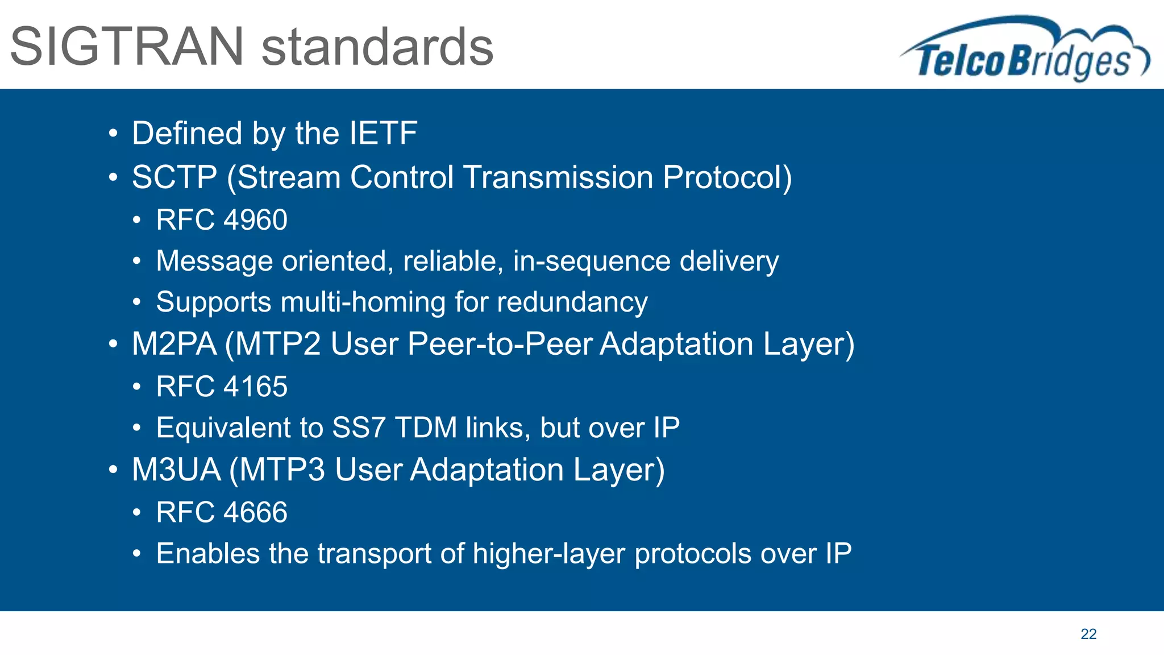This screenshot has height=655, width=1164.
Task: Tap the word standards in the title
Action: (377, 47)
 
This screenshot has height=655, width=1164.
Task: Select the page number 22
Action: (1088, 634)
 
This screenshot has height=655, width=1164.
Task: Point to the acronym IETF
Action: (383, 133)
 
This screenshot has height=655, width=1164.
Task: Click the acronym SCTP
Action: (174, 177)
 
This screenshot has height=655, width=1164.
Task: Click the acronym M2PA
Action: (174, 344)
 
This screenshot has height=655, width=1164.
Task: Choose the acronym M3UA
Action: (176, 470)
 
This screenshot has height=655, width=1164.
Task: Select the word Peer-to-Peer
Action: (500, 344)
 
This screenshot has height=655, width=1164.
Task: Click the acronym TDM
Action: (426, 428)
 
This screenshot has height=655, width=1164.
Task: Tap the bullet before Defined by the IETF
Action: (113, 134)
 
